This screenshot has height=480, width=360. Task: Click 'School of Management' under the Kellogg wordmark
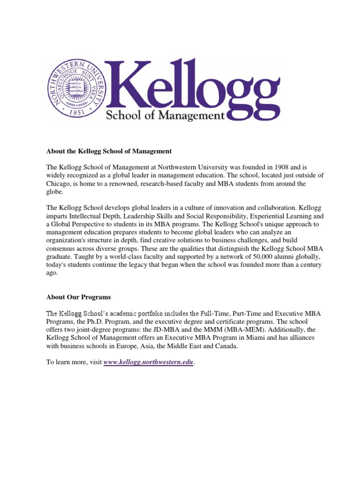(165, 115)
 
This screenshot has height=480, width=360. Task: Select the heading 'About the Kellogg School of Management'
(109, 151)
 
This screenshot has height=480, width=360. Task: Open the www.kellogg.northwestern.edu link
(148, 363)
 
